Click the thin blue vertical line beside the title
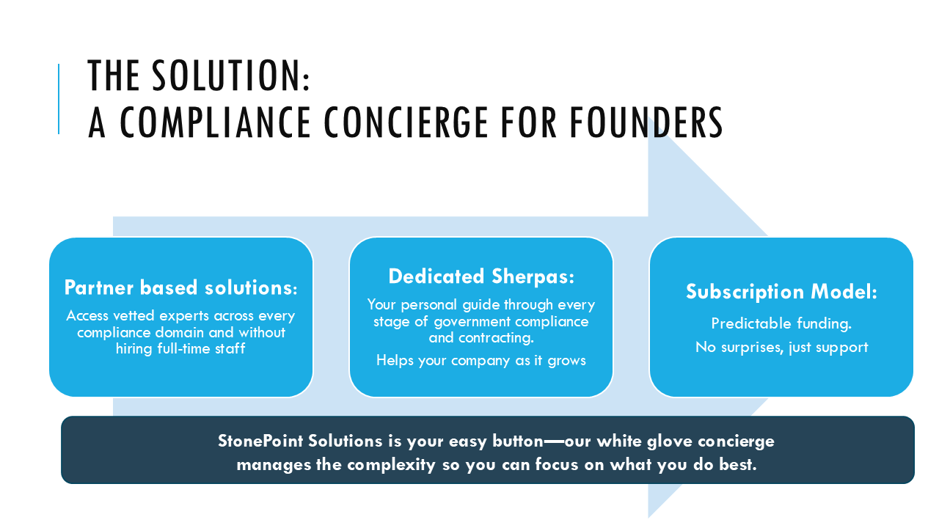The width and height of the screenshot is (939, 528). click(59, 99)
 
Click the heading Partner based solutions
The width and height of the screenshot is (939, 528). click(180, 288)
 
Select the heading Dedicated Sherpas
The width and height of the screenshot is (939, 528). click(481, 276)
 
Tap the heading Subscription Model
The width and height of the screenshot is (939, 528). click(781, 292)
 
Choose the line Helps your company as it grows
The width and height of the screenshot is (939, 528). click(481, 360)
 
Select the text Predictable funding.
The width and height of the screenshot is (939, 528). click(781, 323)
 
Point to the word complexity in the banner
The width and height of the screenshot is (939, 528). click(390, 465)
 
